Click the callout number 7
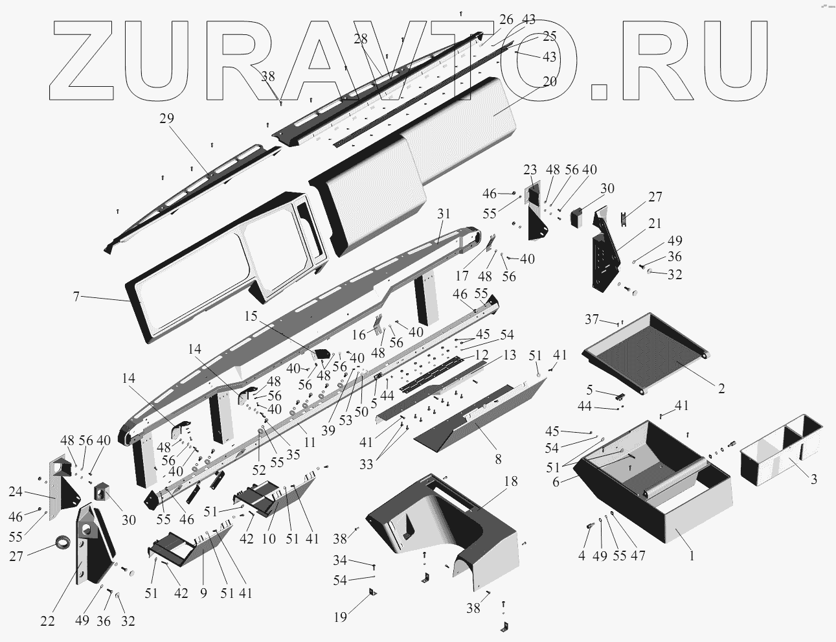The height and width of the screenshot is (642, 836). [76, 296]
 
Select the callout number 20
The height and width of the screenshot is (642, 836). [549, 82]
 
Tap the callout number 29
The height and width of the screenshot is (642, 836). [166, 119]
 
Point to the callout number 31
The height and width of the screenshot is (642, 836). [443, 214]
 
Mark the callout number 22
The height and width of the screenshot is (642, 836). [47, 621]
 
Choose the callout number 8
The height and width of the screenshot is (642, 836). [497, 459]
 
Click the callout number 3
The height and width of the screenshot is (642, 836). [813, 479]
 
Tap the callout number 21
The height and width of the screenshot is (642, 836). [655, 224]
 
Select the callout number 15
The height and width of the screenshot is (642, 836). [251, 315]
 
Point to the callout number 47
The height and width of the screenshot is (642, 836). [638, 556]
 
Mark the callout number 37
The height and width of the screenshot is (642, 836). [591, 318]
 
